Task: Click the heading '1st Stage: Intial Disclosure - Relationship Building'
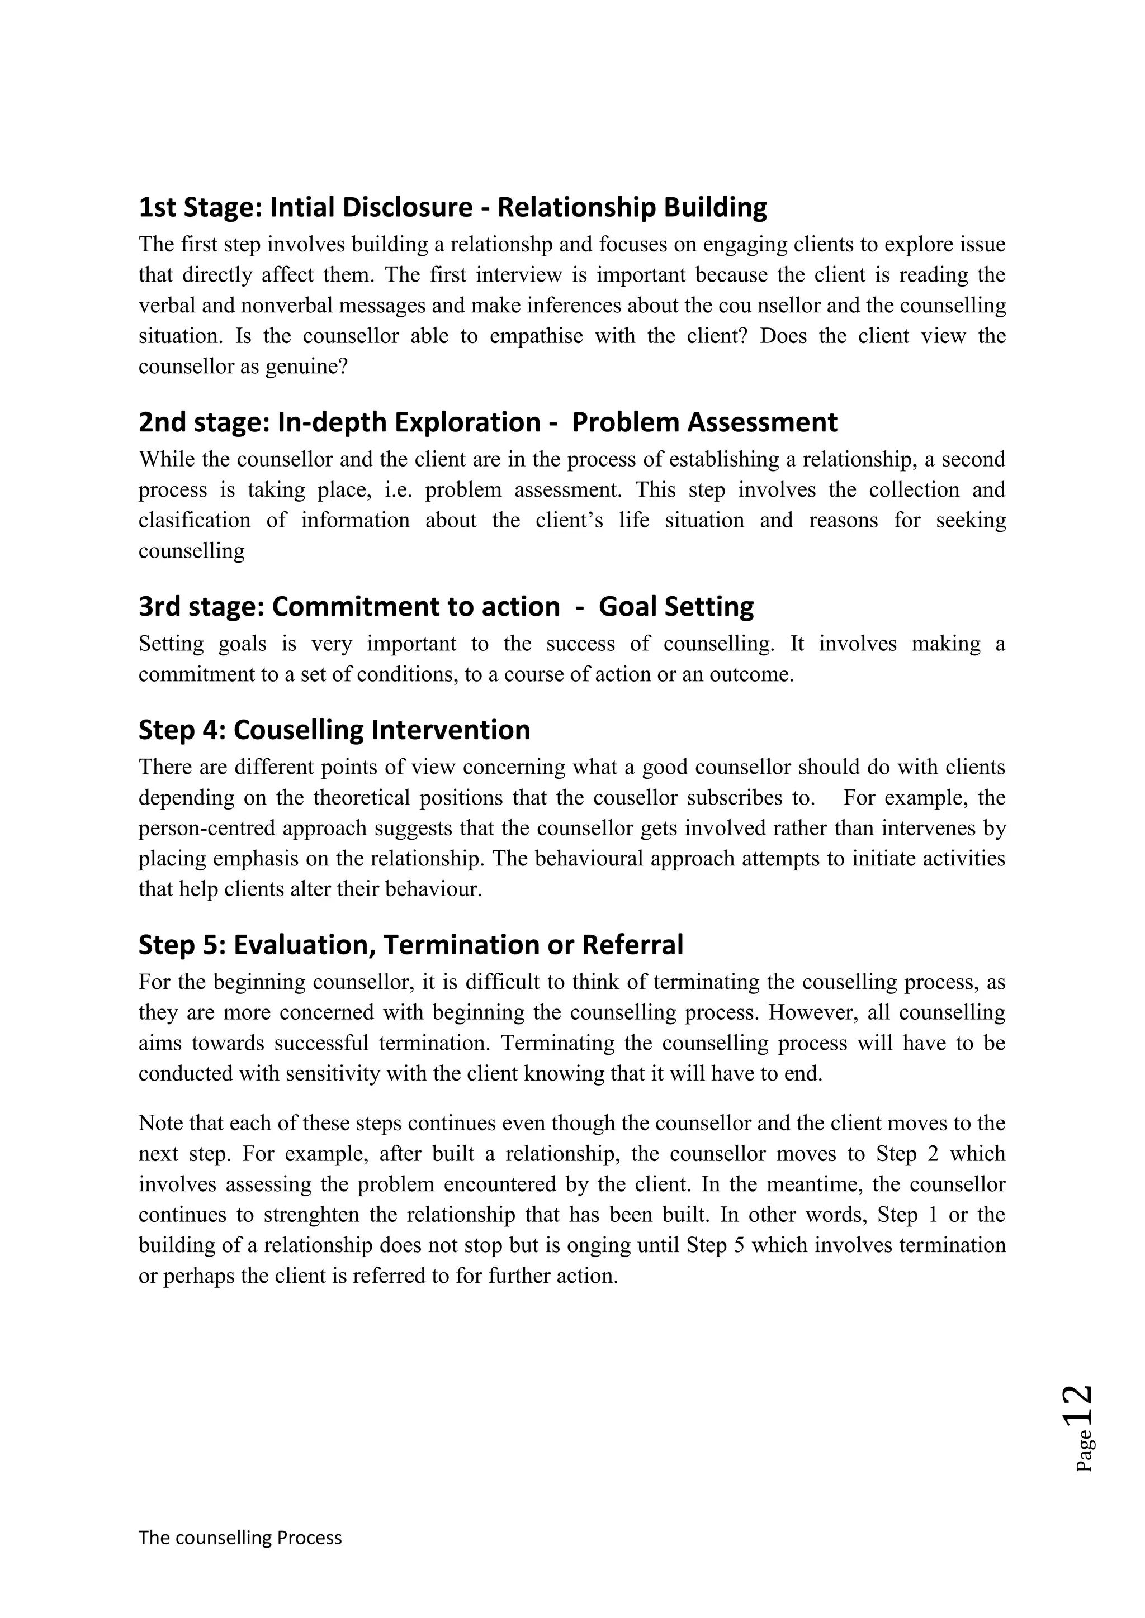453,207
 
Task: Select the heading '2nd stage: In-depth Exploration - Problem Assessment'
488,422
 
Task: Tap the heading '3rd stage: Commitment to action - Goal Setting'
446,607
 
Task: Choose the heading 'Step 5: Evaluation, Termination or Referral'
410,944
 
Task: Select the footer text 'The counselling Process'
240,1538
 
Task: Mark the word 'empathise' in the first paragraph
536,336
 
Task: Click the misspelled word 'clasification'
194,520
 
